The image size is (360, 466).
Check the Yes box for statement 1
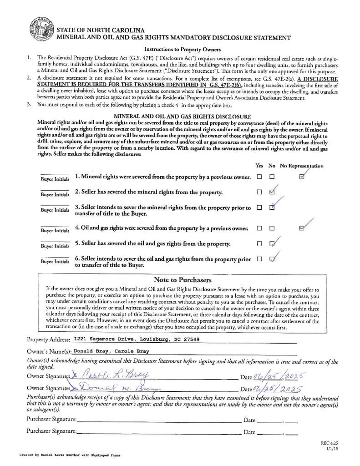pos(259,177)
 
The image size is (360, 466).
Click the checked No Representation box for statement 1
pos(302,177)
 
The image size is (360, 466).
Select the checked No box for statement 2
pos(272,192)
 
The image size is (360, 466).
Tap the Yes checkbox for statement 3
pos(259,208)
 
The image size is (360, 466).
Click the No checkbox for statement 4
pos(272,228)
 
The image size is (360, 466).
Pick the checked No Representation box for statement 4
pos(302,228)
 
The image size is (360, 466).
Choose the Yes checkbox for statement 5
pos(259,243)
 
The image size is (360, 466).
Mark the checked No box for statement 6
pos(272,259)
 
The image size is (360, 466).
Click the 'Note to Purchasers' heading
pos(182,280)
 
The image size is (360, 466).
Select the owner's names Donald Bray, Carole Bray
pos(112,351)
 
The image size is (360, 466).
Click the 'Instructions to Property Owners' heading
pos(182,49)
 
